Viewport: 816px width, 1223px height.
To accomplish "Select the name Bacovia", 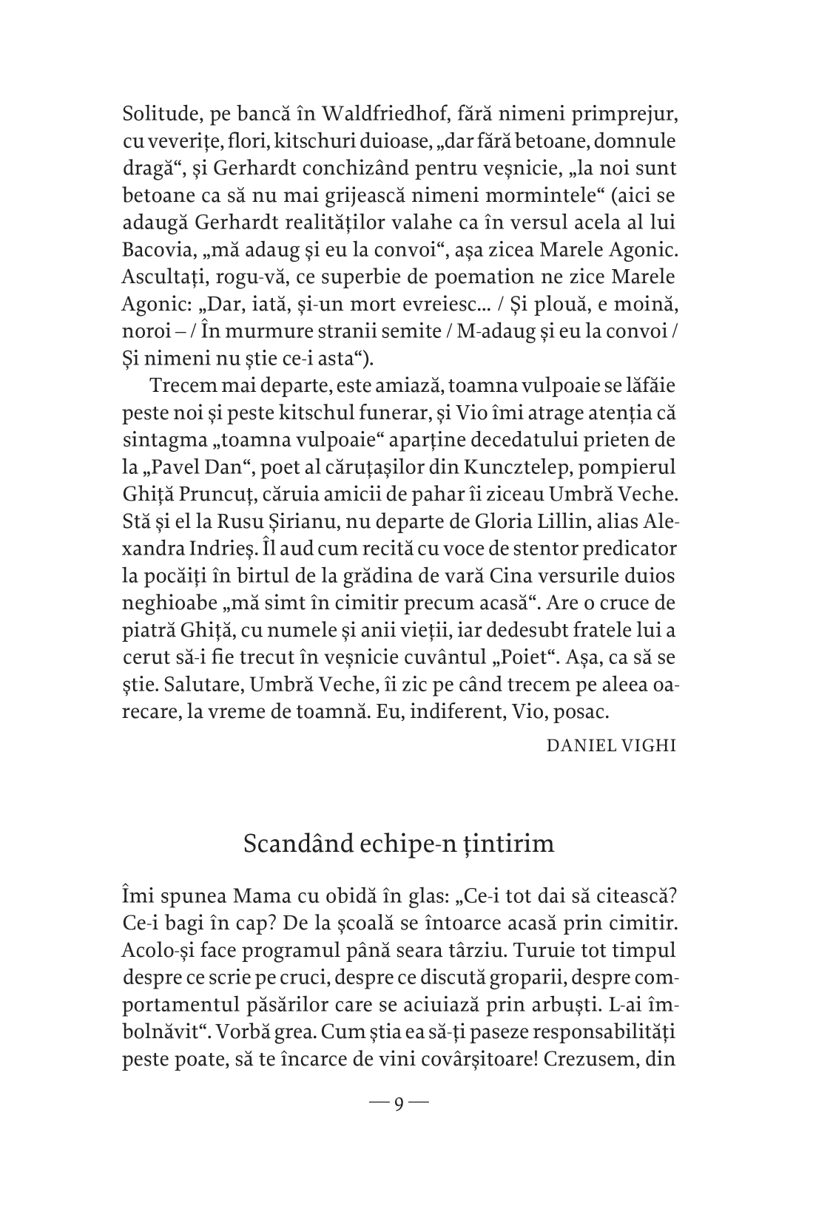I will point(152,249).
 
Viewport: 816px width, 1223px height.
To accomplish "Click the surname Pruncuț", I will point(225,493).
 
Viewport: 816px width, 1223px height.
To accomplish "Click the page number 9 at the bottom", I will point(399,1104).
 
